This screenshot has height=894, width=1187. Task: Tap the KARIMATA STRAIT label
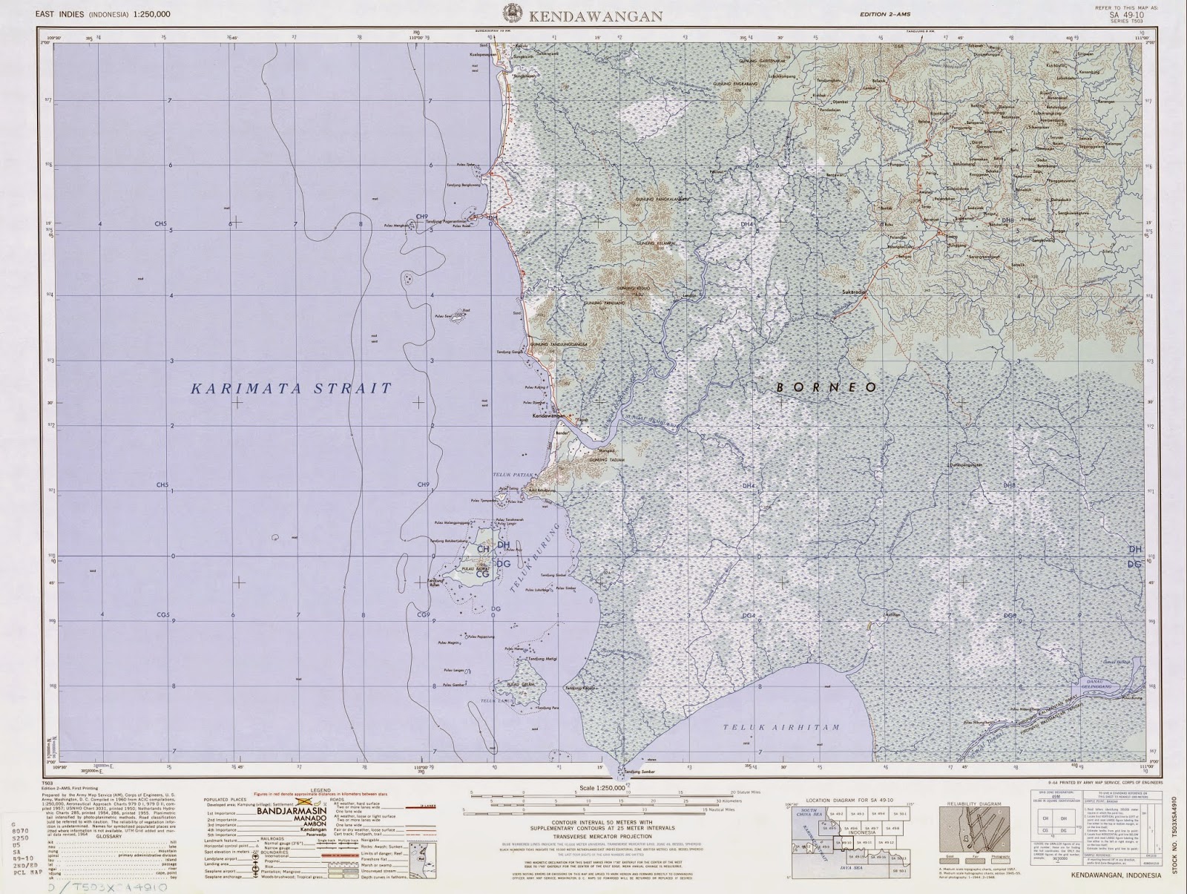[291, 388]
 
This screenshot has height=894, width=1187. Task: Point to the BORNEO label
[826, 387]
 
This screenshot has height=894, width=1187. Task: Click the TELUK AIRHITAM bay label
[782, 728]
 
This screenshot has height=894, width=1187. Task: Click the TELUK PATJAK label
[508, 474]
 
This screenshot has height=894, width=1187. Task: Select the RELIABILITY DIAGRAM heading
[974, 804]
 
